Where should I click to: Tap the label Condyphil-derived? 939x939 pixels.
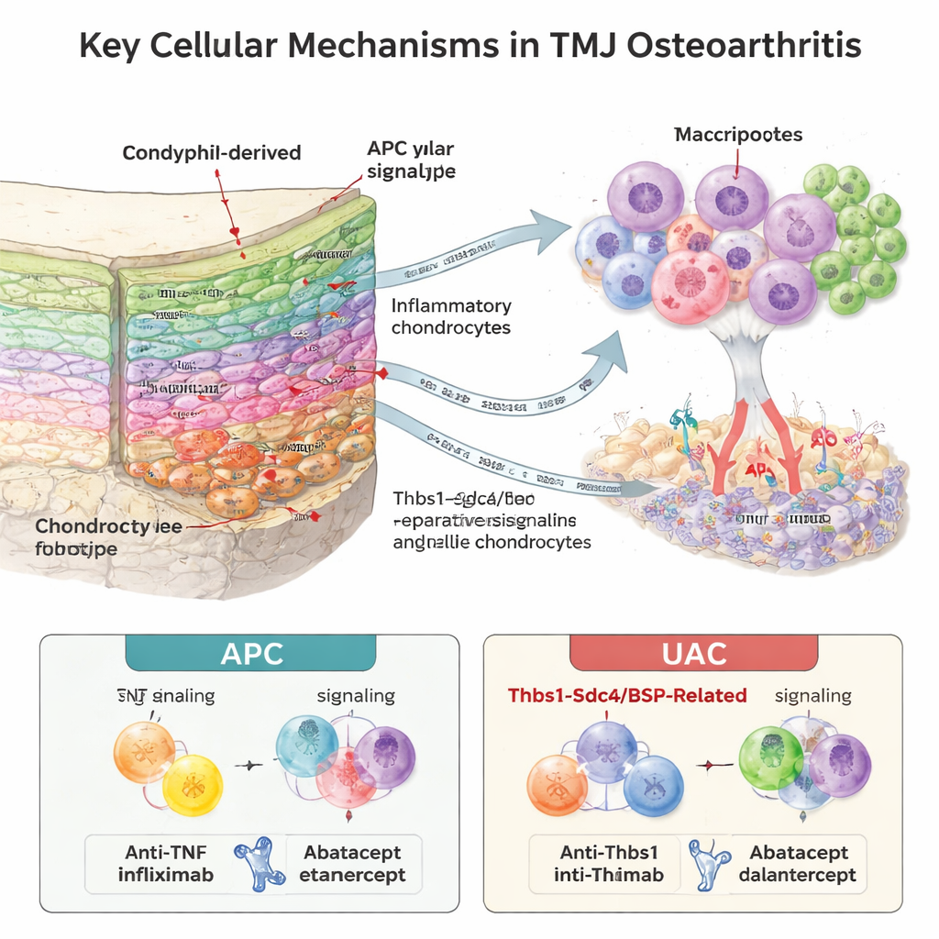point(212,152)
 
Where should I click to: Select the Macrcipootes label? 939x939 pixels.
point(738,135)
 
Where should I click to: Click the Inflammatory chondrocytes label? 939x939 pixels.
point(451,316)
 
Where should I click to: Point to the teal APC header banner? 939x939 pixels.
point(249,654)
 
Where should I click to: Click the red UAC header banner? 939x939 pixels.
point(693,654)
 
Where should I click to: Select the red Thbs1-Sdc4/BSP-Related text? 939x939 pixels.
point(628,696)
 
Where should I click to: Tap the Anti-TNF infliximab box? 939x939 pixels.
point(166,863)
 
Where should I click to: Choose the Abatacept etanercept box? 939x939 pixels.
point(352,863)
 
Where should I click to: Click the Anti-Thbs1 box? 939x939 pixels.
point(608,863)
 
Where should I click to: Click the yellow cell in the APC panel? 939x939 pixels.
point(193,785)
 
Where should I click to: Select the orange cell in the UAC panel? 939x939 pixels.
point(558,785)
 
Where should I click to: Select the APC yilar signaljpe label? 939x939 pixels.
point(410,160)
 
